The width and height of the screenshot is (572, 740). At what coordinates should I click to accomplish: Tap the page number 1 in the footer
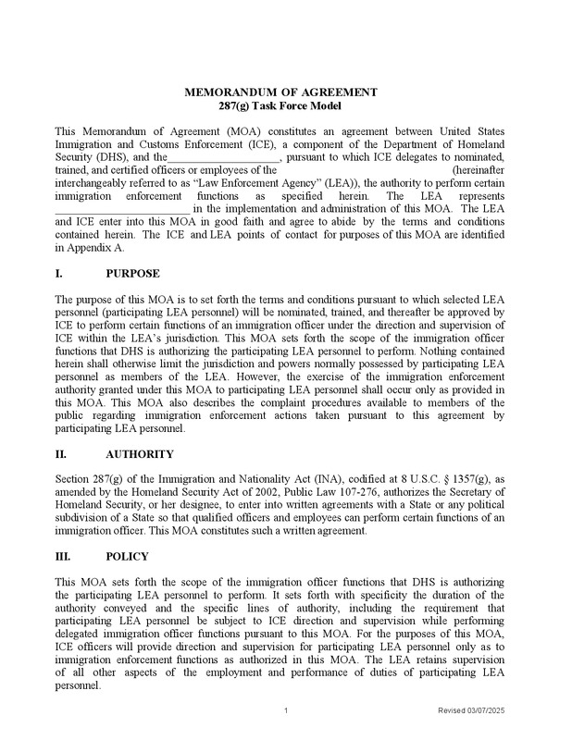click(287, 709)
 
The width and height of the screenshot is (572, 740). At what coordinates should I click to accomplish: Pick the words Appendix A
click(93, 248)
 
